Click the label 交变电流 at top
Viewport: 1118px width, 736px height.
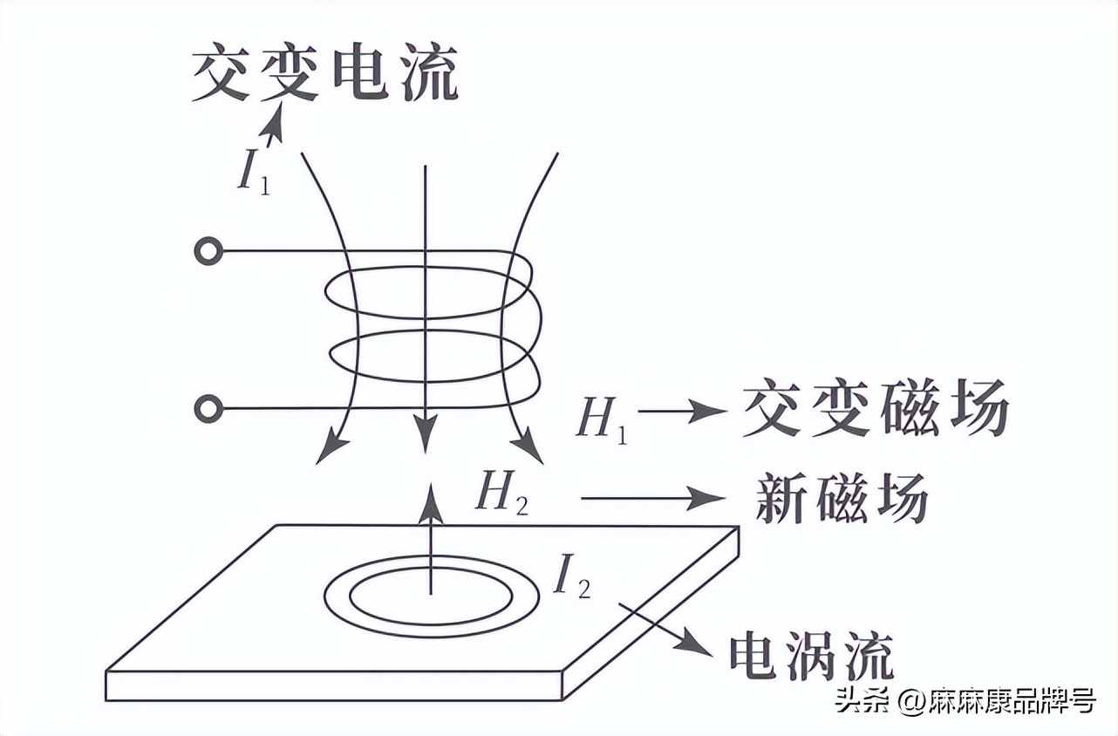[324, 73]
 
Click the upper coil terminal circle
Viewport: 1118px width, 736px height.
[208, 252]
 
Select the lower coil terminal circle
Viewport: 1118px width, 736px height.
[208, 408]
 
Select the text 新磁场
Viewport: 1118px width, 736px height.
[841, 499]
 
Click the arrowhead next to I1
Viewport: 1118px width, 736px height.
[277, 119]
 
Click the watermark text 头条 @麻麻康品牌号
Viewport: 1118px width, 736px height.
[963, 700]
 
